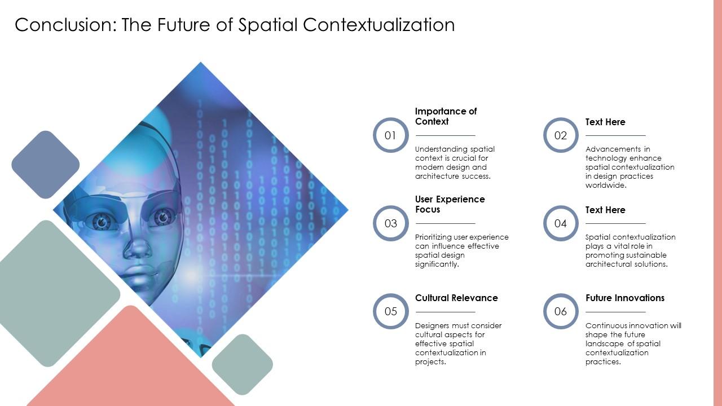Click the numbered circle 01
click(390, 135)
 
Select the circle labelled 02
click(560, 135)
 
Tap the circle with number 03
click(390, 223)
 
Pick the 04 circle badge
click(560, 223)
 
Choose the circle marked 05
click(390, 311)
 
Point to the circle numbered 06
click(560, 311)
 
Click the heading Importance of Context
click(446, 116)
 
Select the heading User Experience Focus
click(450, 204)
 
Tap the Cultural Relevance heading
click(456, 298)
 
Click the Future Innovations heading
click(625, 298)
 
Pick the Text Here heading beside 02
click(605, 122)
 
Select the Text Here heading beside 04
click(605, 210)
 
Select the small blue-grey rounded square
click(45, 165)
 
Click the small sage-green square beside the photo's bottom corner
click(243, 364)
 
